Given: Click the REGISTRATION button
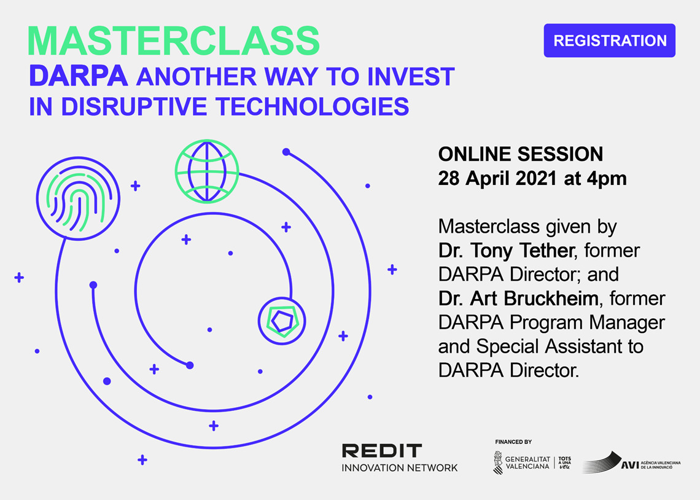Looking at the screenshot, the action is click(x=609, y=41).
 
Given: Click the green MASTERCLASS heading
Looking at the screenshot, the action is click(x=174, y=41).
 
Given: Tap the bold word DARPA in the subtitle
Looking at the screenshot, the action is click(x=79, y=76).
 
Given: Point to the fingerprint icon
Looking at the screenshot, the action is click(x=78, y=198).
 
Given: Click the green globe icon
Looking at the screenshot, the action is click(x=207, y=171).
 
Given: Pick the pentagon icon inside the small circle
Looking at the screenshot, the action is click(x=282, y=321).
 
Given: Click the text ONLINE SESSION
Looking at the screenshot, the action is click(x=521, y=154).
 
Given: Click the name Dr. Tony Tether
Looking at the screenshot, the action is click(x=506, y=251).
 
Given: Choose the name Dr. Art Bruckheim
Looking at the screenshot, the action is click(x=518, y=298).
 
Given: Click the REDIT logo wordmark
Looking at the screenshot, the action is click(x=382, y=450).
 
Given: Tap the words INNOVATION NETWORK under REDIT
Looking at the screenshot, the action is click(x=400, y=468).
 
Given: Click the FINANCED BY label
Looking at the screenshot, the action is click(x=513, y=442).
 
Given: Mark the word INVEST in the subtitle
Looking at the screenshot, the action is click(x=411, y=76).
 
